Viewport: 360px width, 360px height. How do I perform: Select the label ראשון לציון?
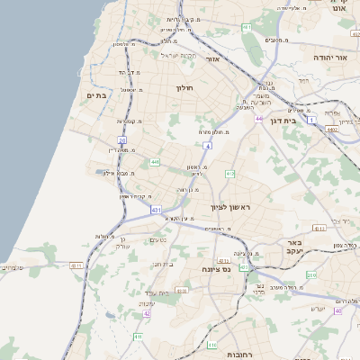235,208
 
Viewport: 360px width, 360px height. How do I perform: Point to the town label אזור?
213,58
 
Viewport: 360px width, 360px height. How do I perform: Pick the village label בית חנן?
163,264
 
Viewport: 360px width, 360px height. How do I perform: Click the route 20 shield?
121,139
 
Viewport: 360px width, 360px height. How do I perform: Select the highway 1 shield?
312,119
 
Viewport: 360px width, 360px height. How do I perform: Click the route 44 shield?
258,118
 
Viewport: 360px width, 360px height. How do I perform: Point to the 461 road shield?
246,29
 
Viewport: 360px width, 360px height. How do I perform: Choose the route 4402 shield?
331,130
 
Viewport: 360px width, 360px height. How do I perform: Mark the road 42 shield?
146,314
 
